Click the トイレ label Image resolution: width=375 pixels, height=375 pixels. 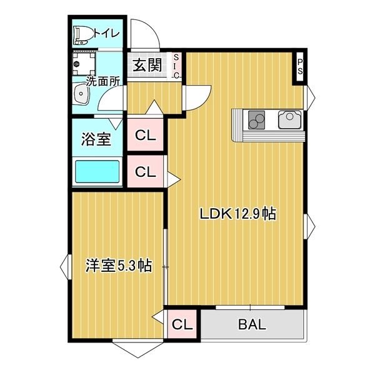click(x=106, y=34)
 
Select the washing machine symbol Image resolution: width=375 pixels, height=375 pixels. click(x=84, y=64)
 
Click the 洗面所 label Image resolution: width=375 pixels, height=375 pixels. click(x=103, y=82)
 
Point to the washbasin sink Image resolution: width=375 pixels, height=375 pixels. click(x=81, y=94)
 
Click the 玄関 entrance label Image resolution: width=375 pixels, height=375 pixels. click(x=147, y=65)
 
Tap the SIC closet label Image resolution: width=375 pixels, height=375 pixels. click(x=176, y=66)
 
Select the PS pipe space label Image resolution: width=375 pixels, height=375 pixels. click(x=300, y=67)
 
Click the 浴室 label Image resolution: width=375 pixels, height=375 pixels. click(x=96, y=139)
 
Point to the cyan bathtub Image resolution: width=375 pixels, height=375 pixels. click(x=97, y=171)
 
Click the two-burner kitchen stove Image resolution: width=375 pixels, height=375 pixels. click(x=256, y=120)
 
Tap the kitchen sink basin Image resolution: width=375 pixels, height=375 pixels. click(x=289, y=119)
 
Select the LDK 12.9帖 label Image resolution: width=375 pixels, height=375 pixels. click(x=238, y=214)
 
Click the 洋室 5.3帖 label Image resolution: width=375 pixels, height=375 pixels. click(x=119, y=265)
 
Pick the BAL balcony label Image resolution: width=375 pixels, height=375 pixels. click(x=252, y=324)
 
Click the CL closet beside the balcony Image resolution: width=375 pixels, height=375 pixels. click(x=182, y=324)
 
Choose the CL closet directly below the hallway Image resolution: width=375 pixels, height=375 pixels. click(x=145, y=135)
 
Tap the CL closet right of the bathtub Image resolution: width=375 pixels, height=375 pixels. click(x=145, y=171)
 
